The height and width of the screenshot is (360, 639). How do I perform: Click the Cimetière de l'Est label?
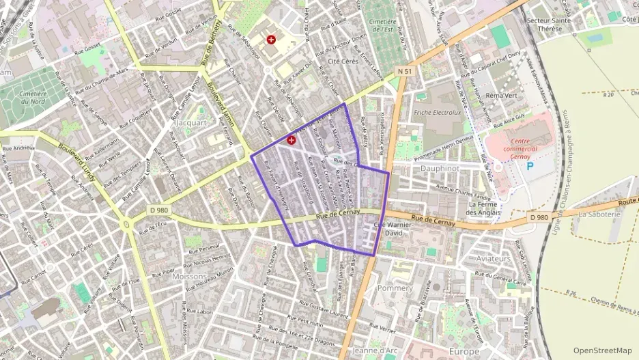(383, 26)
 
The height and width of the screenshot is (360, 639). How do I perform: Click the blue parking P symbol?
(530, 166)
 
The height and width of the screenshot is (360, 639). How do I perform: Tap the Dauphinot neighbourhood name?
(439, 167)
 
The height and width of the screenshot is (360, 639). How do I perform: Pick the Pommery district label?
(395, 289)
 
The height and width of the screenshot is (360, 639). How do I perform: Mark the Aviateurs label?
(494, 259)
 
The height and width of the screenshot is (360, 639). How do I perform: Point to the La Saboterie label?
(599, 214)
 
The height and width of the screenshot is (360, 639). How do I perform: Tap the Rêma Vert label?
(501, 96)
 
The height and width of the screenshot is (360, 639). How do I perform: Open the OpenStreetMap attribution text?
(602, 351)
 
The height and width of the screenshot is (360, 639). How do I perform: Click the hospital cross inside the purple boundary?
(292, 140)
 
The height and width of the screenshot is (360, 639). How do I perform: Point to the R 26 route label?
(572, 293)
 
